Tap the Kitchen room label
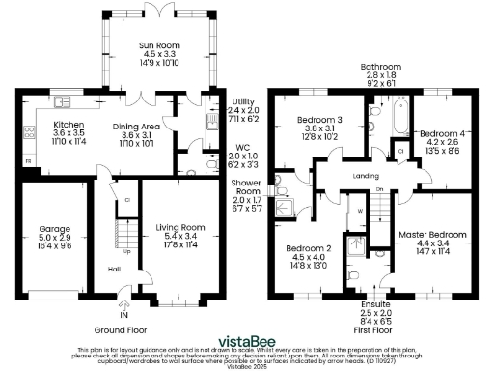pos(68,125)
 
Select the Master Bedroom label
pos(432,235)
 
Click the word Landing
pos(366,176)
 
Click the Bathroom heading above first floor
pos(380,68)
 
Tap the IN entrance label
pos(123,315)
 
